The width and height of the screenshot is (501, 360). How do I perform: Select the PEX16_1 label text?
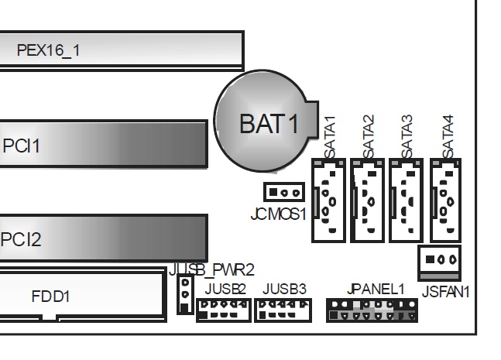click(48, 51)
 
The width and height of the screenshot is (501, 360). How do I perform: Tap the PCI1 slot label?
click(22, 145)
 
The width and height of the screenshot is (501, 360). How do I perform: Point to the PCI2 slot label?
click(22, 238)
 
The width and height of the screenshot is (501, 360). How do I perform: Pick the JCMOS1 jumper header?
click(284, 191)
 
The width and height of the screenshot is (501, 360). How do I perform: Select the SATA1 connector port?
click(328, 199)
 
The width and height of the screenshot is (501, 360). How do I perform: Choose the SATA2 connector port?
click(367, 199)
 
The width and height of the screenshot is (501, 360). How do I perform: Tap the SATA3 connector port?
click(407, 199)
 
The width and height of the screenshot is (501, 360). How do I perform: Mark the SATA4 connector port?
click(446, 199)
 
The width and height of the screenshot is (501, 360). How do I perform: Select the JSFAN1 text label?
click(447, 291)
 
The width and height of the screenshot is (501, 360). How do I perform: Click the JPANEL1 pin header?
click(362, 310)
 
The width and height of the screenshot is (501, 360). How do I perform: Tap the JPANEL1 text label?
click(377, 289)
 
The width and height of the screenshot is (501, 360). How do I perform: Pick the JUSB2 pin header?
click(224, 309)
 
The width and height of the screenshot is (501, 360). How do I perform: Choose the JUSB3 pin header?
click(282, 309)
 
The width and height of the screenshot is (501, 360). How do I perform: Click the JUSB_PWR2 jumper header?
click(184, 295)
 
